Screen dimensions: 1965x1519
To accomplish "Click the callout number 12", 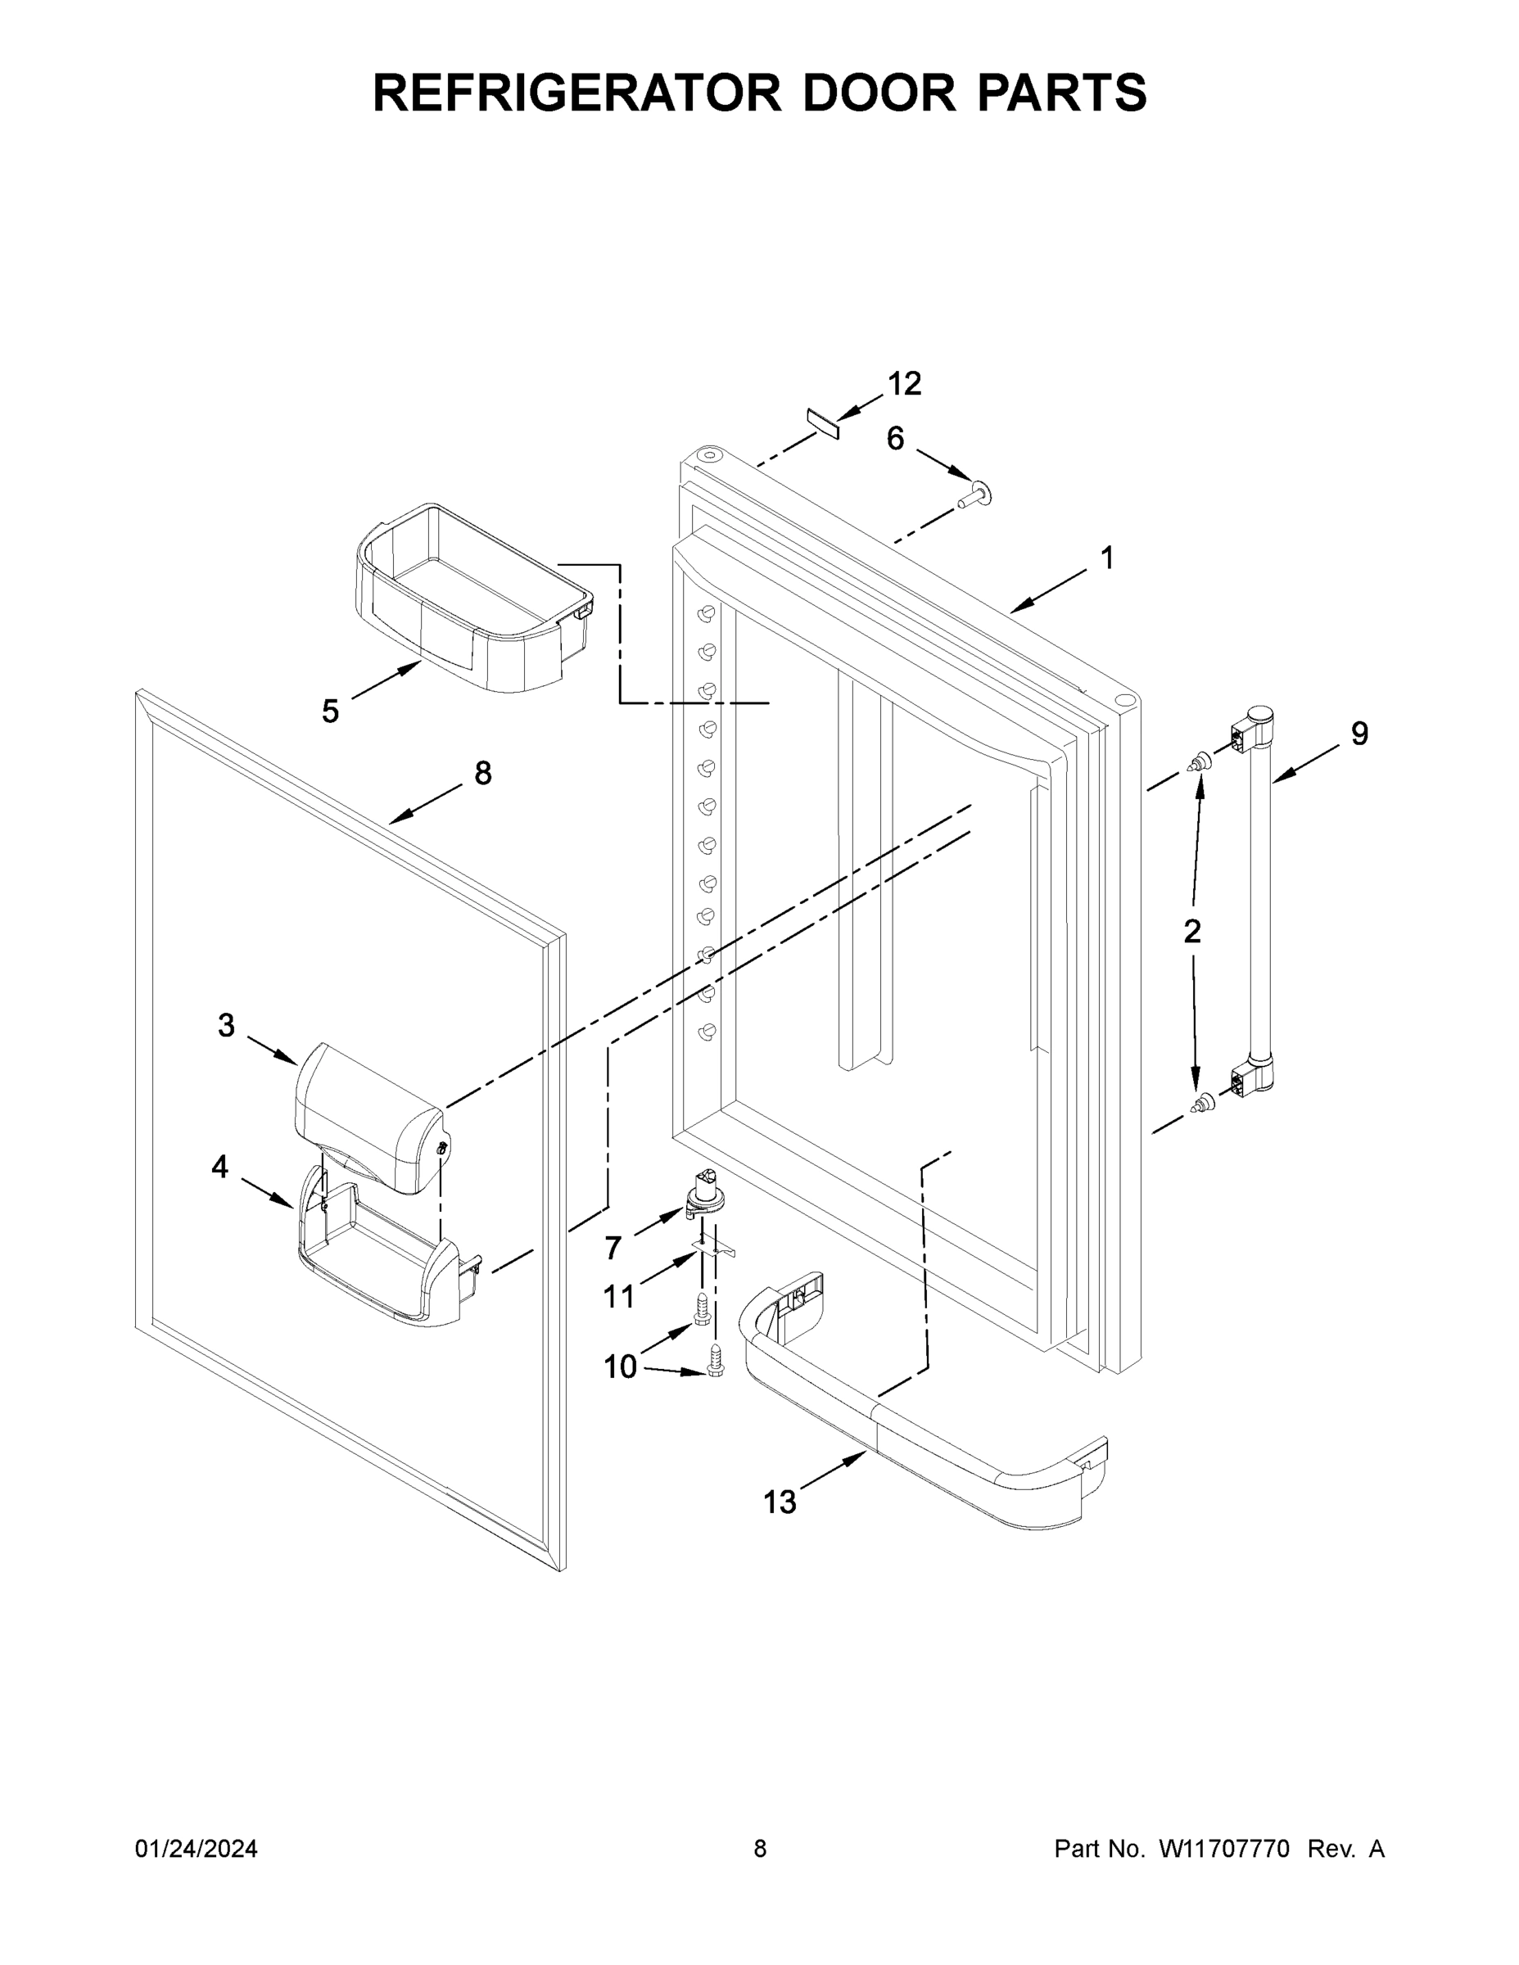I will tap(904, 384).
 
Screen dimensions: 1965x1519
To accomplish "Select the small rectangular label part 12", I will tap(822, 422).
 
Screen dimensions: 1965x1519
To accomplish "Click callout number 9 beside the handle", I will tap(1359, 734).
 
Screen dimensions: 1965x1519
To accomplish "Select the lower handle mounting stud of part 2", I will tap(1199, 1104).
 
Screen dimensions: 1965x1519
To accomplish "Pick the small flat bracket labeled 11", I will tap(713, 1247).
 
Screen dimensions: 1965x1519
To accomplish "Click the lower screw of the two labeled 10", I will tap(717, 1361).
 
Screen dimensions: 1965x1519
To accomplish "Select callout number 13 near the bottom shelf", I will tap(780, 1502).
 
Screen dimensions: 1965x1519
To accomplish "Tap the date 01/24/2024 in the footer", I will tap(197, 1849).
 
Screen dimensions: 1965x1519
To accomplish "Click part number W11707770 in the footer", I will tap(1224, 1849).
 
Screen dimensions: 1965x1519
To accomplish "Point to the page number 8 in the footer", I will tap(760, 1849).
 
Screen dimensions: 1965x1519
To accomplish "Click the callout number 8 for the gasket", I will tap(482, 773).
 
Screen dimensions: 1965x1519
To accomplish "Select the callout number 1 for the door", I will tap(1107, 558).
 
